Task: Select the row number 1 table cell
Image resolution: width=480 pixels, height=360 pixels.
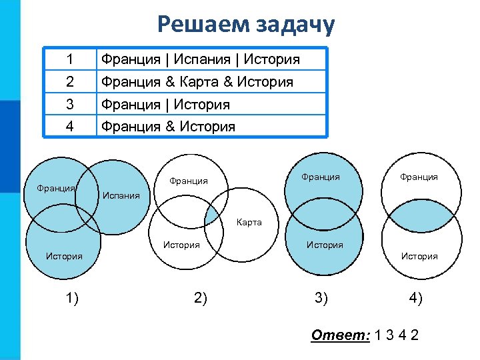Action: tap(70, 59)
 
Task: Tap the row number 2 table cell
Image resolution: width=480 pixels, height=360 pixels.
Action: tap(70, 82)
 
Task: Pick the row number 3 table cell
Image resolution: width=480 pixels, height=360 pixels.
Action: tap(70, 105)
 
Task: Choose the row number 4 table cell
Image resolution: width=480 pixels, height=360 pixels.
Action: tap(70, 126)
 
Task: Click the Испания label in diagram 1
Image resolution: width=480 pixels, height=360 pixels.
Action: tap(121, 196)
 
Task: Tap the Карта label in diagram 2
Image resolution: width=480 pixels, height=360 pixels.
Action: tap(249, 223)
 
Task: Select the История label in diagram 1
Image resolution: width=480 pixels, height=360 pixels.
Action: tap(64, 256)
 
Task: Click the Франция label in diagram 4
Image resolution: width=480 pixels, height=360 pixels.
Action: tap(419, 177)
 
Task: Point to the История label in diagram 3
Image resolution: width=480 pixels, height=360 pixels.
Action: tap(325, 245)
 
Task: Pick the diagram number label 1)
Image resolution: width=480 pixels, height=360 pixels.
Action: tap(72, 298)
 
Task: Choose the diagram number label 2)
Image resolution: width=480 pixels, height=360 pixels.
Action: tap(200, 298)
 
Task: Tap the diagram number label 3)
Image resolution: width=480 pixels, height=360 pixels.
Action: tap(321, 298)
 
